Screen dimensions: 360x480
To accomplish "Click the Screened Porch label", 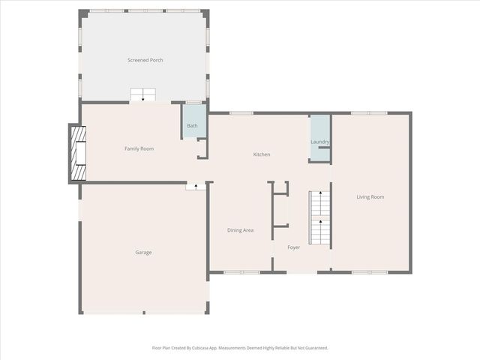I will point(145,60).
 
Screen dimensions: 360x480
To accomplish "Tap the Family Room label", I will point(139,148).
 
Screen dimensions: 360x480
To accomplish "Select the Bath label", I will point(193,125).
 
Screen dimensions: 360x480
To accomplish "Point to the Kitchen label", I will point(261,154).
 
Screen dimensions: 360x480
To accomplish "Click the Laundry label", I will point(320,142).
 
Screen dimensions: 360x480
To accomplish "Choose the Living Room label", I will point(370,196).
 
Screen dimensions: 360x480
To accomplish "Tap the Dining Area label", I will point(240,230).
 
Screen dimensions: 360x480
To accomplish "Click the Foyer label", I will point(294,247).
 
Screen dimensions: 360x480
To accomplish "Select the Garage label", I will point(143,252).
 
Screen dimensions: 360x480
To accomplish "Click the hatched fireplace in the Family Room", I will point(79,153).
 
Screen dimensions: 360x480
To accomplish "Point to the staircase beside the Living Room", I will point(320,217).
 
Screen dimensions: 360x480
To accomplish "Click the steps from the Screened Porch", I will point(143,94).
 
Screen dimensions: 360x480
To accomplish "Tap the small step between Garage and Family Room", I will point(196,185).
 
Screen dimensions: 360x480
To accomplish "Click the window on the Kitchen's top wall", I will point(241,113).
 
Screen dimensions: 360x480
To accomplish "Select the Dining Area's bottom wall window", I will point(241,271).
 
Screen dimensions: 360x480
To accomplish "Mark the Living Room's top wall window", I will point(369,113).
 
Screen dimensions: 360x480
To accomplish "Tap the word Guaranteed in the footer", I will point(312,348).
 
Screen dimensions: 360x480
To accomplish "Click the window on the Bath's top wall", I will point(193,102).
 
